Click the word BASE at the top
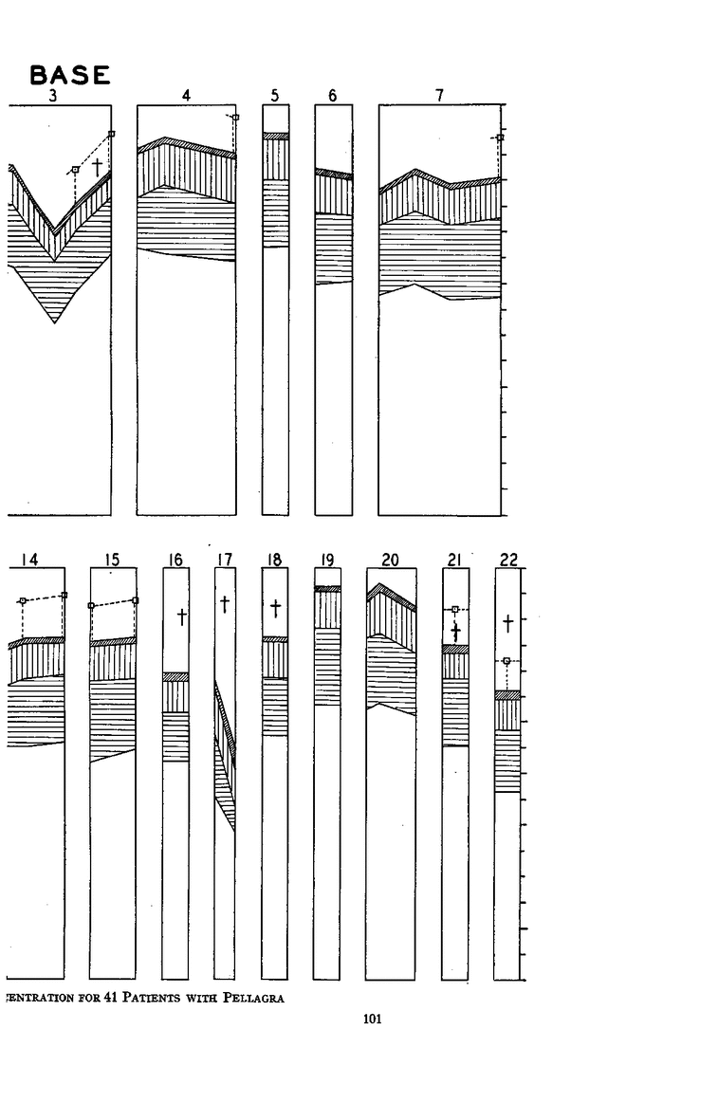point(69,75)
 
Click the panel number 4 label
point(186,95)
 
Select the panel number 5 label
point(275,95)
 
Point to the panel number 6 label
point(333,95)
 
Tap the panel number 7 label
point(439,95)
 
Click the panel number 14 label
point(29,560)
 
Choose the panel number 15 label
point(112,560)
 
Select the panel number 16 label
point(175,560)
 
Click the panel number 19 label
point(327,560)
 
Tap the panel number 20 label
point(390,560)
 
